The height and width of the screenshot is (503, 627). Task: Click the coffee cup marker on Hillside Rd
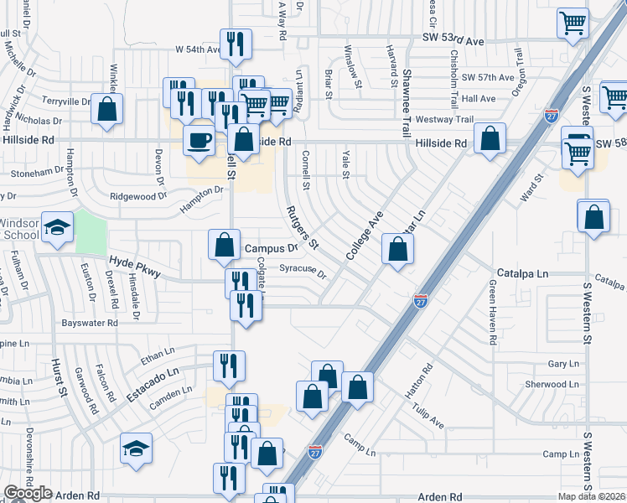tap(198, 139)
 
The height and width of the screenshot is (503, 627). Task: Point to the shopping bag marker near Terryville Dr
tap(107, 109)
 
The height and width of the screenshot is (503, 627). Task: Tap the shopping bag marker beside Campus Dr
tap(225, 246)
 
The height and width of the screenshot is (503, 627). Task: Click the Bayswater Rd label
tap(91, 323)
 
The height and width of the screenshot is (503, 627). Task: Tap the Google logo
tap(28, 494)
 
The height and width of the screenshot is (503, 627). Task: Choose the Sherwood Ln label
tap(552, 384)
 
